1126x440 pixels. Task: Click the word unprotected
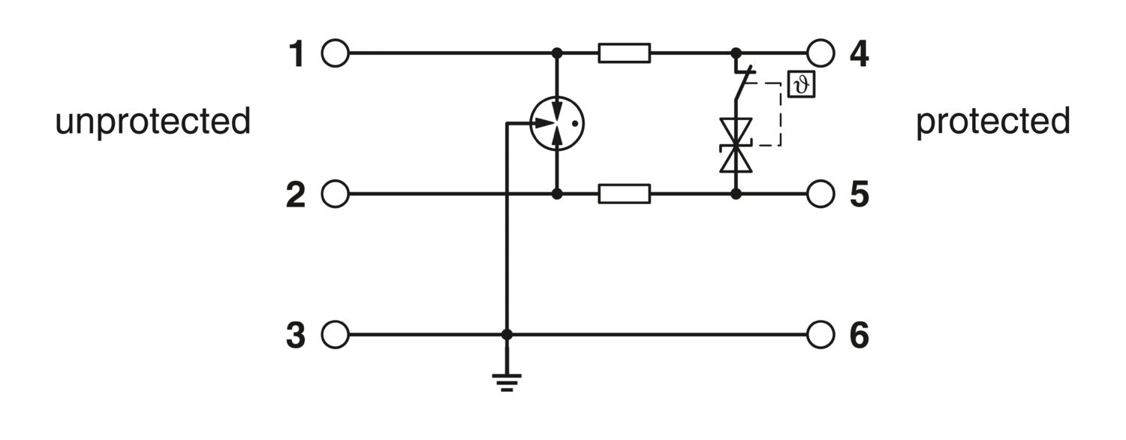153,122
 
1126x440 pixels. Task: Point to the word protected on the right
993,122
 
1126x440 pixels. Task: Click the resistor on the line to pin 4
625,53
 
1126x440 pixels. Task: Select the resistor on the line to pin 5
625,194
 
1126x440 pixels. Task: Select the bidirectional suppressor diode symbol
736,146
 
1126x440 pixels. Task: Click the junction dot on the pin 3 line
507,334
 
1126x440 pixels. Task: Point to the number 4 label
859,54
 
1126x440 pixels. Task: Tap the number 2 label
296,195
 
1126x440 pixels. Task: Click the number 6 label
859,336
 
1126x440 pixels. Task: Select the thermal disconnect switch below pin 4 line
741,83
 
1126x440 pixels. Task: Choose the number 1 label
297,54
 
